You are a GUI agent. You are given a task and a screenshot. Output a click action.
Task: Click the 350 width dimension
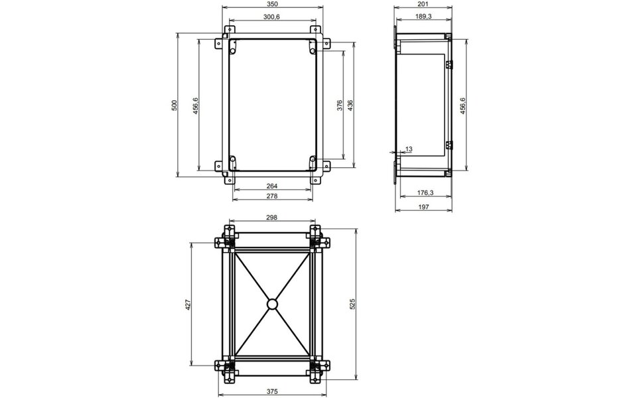(x=271, y=4)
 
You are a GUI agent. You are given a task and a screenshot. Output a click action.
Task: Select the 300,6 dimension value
(x=271, y=17)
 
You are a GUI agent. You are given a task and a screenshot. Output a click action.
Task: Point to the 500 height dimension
(x=175, y=105)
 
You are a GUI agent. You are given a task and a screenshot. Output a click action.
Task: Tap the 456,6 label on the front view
(x=196, y=105)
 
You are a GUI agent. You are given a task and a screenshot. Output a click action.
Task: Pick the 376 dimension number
(x=339, y=105)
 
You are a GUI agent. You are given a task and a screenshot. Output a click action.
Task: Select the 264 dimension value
(x=271, y=186)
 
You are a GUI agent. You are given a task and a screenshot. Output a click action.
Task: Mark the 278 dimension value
(x=271, y=196)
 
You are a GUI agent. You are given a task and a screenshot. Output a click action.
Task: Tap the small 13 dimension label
(x=408, y=150)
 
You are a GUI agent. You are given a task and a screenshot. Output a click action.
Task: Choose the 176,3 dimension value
(x=425, y=194)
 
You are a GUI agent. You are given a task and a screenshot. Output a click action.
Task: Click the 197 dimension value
(x=425, y=207)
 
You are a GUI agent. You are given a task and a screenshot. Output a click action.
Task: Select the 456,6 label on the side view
(x=462, y=105)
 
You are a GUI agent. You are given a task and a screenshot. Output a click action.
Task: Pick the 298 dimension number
(x=271, y=218)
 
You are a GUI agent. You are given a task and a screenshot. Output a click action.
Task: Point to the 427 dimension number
(x=188, y=304)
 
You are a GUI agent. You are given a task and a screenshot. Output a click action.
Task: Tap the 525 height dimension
(x=353, y=304)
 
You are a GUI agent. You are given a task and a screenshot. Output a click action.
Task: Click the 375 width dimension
(x=271, y=392)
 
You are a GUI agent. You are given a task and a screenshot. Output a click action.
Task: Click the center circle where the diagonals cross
(x=271, y=304)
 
